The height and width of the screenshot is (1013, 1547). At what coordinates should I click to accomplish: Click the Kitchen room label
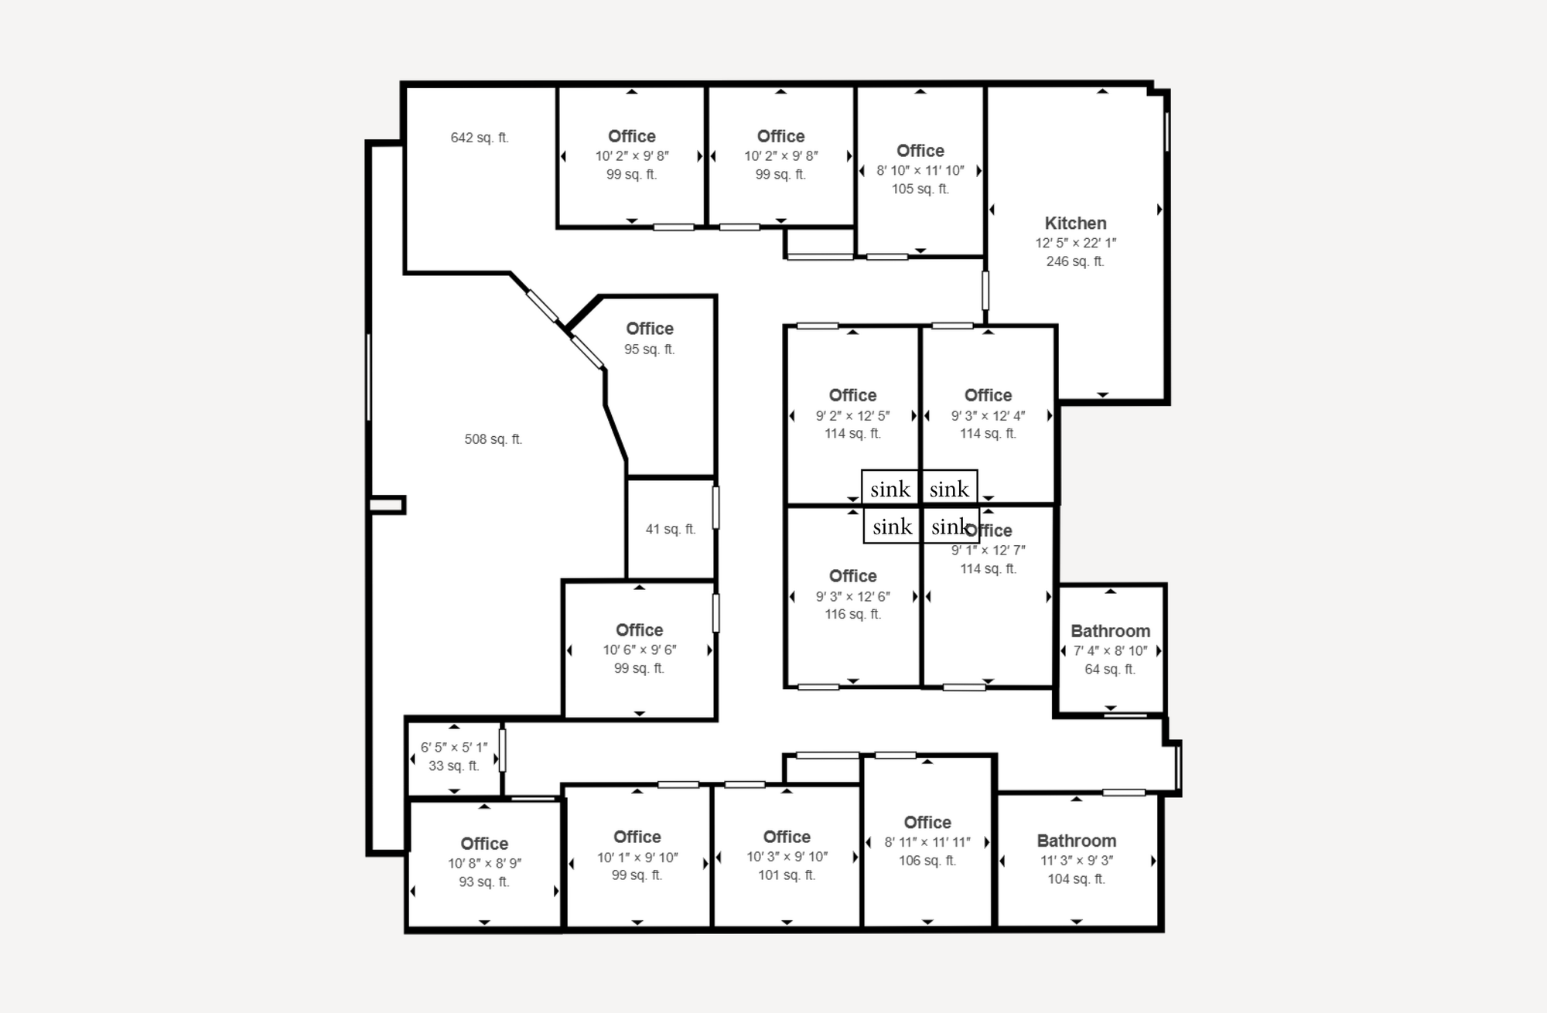tap(1075, 223)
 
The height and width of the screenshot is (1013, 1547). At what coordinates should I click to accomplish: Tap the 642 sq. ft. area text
tap(480, 138)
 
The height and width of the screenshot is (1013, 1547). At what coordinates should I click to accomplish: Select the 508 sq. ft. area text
tap(493, 439)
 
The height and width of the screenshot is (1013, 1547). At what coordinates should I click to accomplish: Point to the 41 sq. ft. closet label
tap(671, 529)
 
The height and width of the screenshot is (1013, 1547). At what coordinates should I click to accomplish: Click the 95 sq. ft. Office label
tap(650, 329)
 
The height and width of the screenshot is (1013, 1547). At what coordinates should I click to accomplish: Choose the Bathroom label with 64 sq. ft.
tap(1111, 631)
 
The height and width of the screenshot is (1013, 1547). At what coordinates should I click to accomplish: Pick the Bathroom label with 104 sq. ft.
tap(1077, 841)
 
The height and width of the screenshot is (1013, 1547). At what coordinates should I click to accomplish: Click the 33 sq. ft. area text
tap(454, 766)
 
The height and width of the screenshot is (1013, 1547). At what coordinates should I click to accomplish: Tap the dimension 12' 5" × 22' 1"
tap(1076, 243)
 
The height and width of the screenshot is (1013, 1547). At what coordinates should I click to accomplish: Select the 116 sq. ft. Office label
tap(853, 576)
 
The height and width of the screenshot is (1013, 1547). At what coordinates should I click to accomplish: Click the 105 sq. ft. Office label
tap(920, 151)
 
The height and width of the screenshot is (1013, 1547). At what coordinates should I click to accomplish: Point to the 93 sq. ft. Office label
tap(484, 844)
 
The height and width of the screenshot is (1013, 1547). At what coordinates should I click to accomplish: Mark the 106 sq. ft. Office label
tap(927, 822)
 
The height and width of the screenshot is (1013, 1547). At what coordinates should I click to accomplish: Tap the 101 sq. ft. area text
tap(787, 875)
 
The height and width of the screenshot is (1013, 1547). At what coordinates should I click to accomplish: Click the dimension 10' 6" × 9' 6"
tap(640, 650)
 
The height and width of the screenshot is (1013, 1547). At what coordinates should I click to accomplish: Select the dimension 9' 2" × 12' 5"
tap(852, 415)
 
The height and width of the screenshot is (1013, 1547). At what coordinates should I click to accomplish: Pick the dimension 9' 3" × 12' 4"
tap(988, 415)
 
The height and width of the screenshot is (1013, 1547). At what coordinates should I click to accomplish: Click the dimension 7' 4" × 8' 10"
tap(1110, 650)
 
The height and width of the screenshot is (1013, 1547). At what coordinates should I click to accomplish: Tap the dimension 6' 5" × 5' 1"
tap(454, 747)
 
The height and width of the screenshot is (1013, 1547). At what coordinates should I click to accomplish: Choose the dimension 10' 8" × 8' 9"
tap(484, 863)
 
